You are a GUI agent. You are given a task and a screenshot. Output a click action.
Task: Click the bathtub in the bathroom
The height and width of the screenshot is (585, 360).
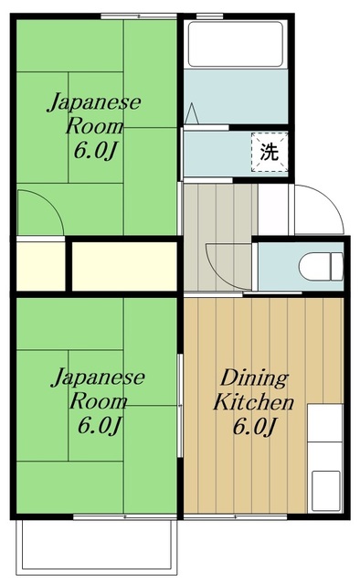(237, 44)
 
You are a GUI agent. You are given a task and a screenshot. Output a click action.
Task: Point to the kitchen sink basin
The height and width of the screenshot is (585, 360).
(324, 484)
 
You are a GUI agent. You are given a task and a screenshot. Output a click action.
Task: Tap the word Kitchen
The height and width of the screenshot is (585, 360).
(253, 401)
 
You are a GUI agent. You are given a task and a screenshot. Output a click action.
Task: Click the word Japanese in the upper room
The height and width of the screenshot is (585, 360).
(95, 101)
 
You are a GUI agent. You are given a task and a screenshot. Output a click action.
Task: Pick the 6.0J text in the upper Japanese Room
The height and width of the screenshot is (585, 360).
(95, 150)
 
